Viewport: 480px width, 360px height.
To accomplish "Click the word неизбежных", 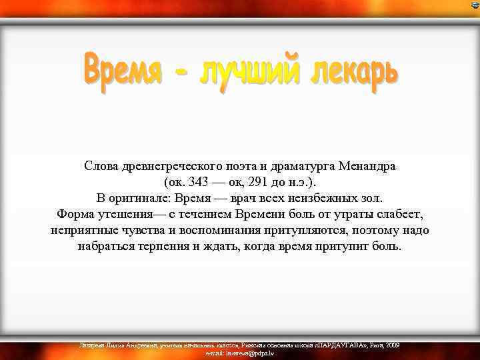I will (321, 198).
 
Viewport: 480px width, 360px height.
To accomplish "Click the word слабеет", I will (399, 214).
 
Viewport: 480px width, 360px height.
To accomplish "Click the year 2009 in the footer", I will (393, 345).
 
